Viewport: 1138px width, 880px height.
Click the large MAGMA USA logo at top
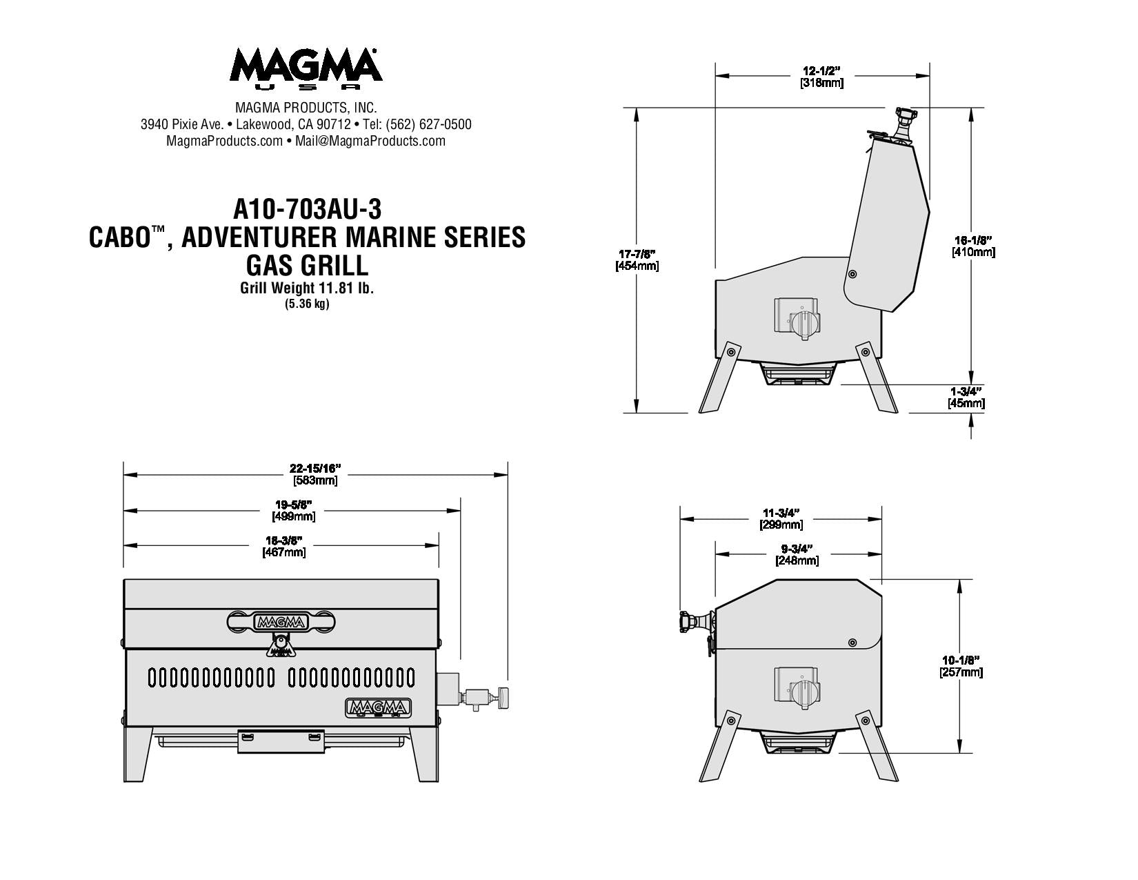click(x=306, y=68)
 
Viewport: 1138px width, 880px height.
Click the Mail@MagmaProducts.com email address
click(x=370, y=141)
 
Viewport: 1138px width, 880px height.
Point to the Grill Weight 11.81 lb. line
click(x=307, y=289)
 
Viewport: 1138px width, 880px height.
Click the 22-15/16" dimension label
click(x=315, y=468)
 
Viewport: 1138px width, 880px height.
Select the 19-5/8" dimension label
click(x=294, y=505)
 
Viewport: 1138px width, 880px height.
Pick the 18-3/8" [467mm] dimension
click(x=284, y=546)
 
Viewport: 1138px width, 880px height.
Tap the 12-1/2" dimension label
click(x=821, y=70)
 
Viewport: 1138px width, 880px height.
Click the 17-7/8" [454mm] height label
click(x=637, y=260)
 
